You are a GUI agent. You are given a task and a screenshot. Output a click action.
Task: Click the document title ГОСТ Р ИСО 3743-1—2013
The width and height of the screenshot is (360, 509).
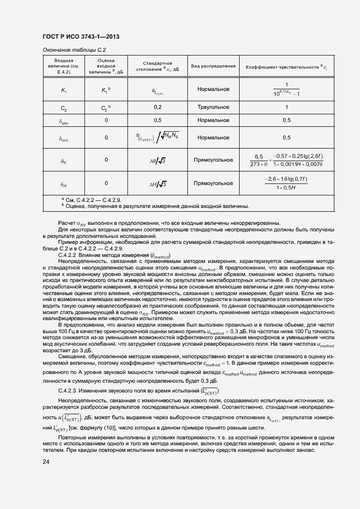[x=81, y=36]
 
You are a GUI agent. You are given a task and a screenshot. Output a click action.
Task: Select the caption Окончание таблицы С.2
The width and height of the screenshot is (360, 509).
[x=74, y=50]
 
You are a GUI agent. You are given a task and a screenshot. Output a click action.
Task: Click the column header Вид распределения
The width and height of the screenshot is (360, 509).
[x=213, y=66]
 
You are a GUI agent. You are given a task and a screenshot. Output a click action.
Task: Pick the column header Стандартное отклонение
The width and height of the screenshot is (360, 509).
[x=157, y=66]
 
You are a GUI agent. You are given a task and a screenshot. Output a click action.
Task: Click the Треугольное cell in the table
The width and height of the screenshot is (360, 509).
[x=213, y=107]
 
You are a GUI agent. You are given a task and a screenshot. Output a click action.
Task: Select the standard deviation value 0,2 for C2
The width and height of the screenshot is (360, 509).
[x=157, y=107]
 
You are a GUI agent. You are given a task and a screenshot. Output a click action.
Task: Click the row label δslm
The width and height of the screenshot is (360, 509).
[x=63, y=121]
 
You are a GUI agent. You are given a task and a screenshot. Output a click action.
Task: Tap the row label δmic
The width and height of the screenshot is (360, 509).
[x=63, y=139]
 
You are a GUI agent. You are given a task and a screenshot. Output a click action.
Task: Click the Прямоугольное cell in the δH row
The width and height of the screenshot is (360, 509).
[x=213, y=183]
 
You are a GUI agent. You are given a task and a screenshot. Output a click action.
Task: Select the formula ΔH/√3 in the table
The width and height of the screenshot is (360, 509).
[x=157, y=183]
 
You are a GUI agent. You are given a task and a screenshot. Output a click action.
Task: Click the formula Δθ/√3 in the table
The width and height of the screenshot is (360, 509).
[x=157, y=160]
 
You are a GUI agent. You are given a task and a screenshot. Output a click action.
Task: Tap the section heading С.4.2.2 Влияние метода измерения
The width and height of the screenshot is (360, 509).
[x=114, y=255]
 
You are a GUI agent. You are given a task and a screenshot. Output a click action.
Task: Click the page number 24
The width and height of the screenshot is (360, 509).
[x=46, y=462]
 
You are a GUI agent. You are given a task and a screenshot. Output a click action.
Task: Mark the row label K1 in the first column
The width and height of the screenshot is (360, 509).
[x=63, y=90]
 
